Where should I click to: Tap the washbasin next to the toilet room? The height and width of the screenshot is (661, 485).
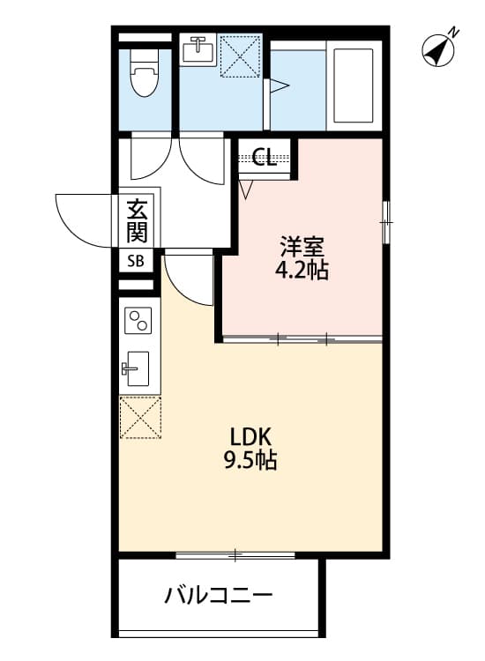click(x=197, y=49)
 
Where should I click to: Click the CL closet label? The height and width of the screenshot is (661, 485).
click(x=264, y=158)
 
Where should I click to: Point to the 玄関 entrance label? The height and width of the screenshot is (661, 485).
click(x=137, y=221)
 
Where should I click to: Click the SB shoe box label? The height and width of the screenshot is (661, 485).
click(x=137, y=261)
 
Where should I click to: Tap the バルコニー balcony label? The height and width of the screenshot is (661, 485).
click(x=218, y=596)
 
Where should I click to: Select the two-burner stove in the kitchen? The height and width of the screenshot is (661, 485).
click(x=138, y=321)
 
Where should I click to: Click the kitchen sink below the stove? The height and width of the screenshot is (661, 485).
click(x=138, y=369)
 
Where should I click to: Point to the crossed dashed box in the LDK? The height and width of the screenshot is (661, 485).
click(x=140, y=417)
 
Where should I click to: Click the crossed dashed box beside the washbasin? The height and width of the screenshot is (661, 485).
click(x=241, y=55)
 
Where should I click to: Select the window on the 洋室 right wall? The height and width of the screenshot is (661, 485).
click(x=384, y=222)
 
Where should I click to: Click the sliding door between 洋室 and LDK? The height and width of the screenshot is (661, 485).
click(x=302, y=338)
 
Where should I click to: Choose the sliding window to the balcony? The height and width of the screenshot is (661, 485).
click(x=235, y=554)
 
